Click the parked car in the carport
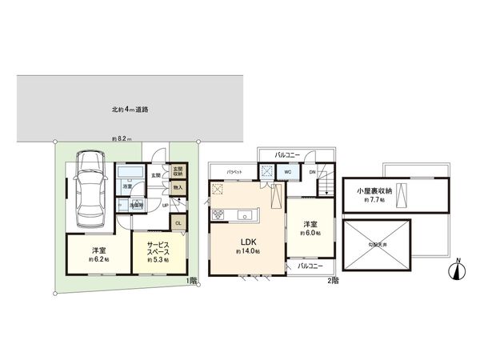pos(89,192)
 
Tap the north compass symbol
pos(454,270)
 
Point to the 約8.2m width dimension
pos(122,138)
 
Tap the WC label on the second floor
pos(287,170)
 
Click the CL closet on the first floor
pos(178,223)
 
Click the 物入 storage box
pos(178,188)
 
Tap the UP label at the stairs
pos(165,205)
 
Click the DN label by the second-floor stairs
pos(312,171)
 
